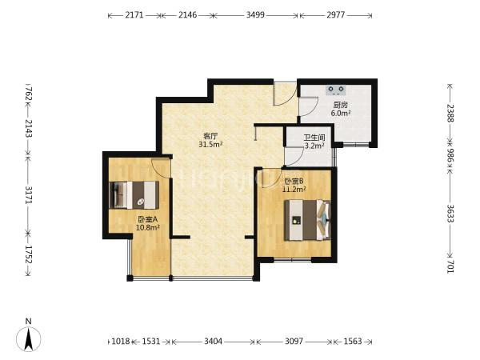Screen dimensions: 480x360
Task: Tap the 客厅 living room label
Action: click(x=210, y=136)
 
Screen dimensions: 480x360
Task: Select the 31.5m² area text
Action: click(x=210, y=144)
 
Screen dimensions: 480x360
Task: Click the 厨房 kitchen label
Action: click(x=341, y=105)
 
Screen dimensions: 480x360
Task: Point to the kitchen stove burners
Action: click(x=336, y=90)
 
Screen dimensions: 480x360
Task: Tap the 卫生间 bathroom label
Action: click(x=314, y=138)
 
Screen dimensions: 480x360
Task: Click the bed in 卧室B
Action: click(x=307, y=220)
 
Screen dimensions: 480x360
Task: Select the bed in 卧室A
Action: click(x=134, y=195)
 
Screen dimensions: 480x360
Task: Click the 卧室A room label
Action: click(x=147, y=219)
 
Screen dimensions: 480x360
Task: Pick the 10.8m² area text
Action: click(x=148, y=228)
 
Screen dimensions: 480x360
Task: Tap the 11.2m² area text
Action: click(x=294, y=190)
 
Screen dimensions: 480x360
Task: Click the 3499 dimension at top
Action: click(x=255, y=14)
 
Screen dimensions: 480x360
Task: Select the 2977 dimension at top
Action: click(x=336, y=14)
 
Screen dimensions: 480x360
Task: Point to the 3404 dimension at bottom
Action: click(x=213, y=341)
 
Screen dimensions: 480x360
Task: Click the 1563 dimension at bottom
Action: click(x=353, y=341)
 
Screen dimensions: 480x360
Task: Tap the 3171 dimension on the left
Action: click(x=29, y=194)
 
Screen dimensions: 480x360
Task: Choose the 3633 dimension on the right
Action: click(x=450, y=214)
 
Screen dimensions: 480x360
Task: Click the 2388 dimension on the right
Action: click(x=450, y=114)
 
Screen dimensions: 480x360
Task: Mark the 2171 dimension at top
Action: click(x=134, y=14)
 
